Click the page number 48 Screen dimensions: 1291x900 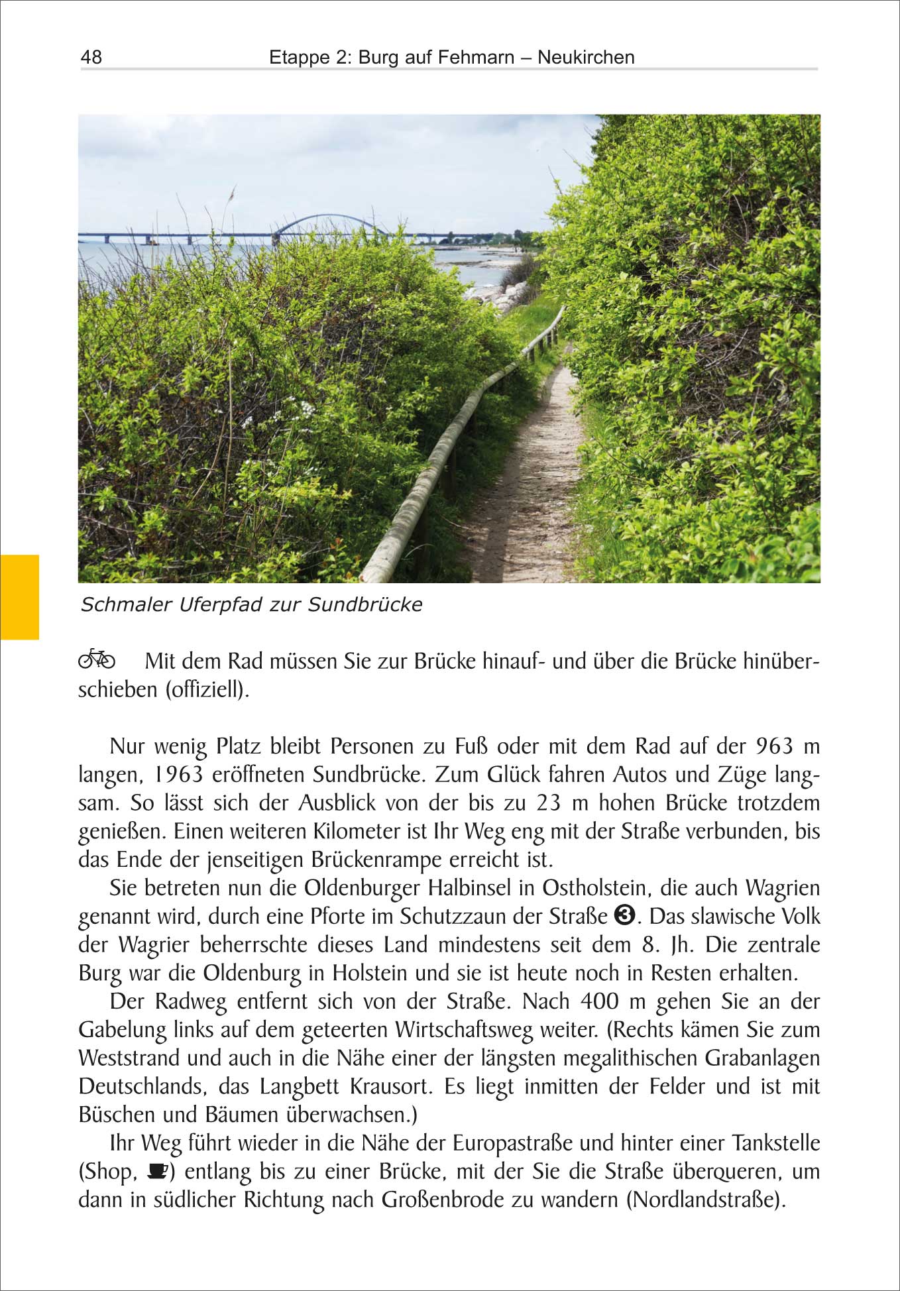tap(91, 57)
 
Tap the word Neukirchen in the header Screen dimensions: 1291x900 tap(586, 57)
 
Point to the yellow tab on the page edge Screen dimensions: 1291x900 tap(19, 596)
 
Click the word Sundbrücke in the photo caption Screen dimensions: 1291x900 tap(365, 604)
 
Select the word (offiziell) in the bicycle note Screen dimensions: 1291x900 tap(207, 689)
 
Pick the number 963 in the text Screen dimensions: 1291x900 tap(774, 746)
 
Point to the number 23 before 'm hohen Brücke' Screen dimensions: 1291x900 tap(548, 803)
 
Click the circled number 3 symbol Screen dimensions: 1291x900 tap(624, 915)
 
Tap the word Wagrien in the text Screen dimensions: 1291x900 tap(783, 887)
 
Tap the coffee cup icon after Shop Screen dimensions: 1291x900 tap(156, 1171)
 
